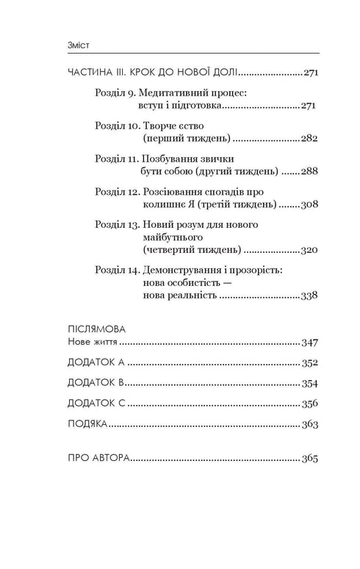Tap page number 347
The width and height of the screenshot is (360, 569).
tap(310, 342)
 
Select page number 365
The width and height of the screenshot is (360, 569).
tap(310, 459)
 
